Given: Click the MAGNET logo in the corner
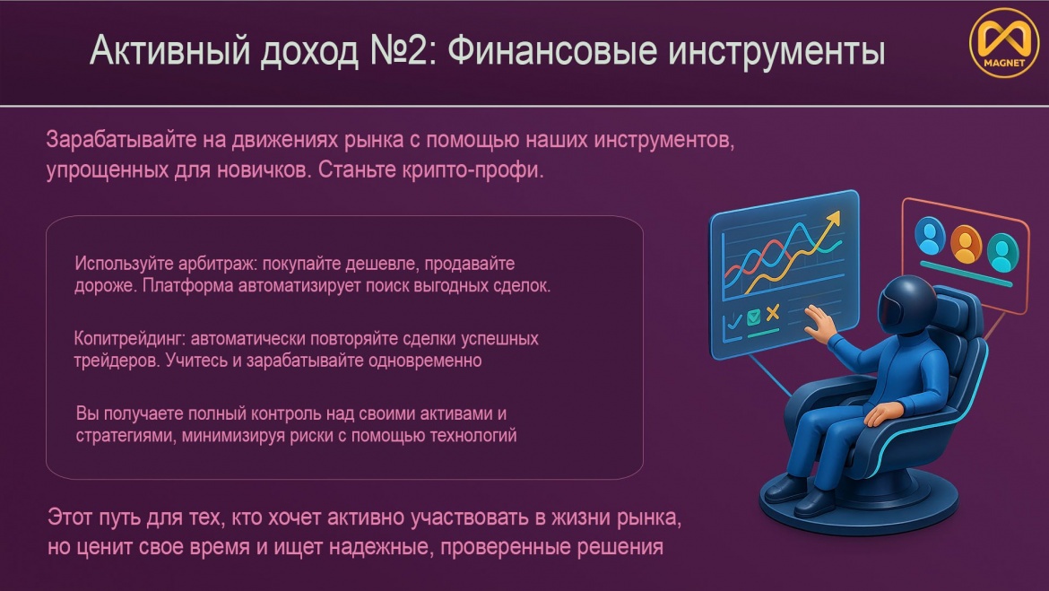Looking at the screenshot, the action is (1004, 43).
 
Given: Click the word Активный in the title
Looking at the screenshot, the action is (170, 51).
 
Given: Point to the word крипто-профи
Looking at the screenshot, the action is (473, 170).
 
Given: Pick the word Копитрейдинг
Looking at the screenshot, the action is (127, 339).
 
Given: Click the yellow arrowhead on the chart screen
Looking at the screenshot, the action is (833, 220).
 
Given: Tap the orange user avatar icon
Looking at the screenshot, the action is (966, 244).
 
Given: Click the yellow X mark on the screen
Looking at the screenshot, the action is (774, 313).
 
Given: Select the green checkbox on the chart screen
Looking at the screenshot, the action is (754, 317).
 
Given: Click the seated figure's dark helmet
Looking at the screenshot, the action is (906, 305).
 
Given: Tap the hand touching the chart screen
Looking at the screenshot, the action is (819, 324).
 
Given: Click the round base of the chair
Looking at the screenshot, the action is (859, 503).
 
